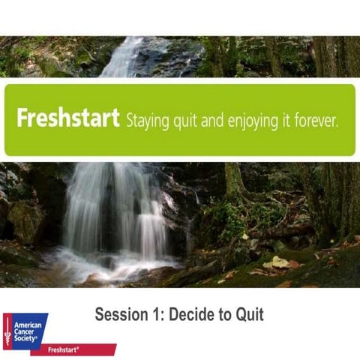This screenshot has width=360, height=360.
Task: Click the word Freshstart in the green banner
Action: tap(68, 120)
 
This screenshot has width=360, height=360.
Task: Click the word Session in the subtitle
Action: tap(121, 314)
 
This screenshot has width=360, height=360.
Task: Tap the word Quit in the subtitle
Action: tap(250, 314)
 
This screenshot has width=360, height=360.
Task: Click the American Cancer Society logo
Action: tap(25, 331)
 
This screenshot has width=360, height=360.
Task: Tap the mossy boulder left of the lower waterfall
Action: tap(27, 221)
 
